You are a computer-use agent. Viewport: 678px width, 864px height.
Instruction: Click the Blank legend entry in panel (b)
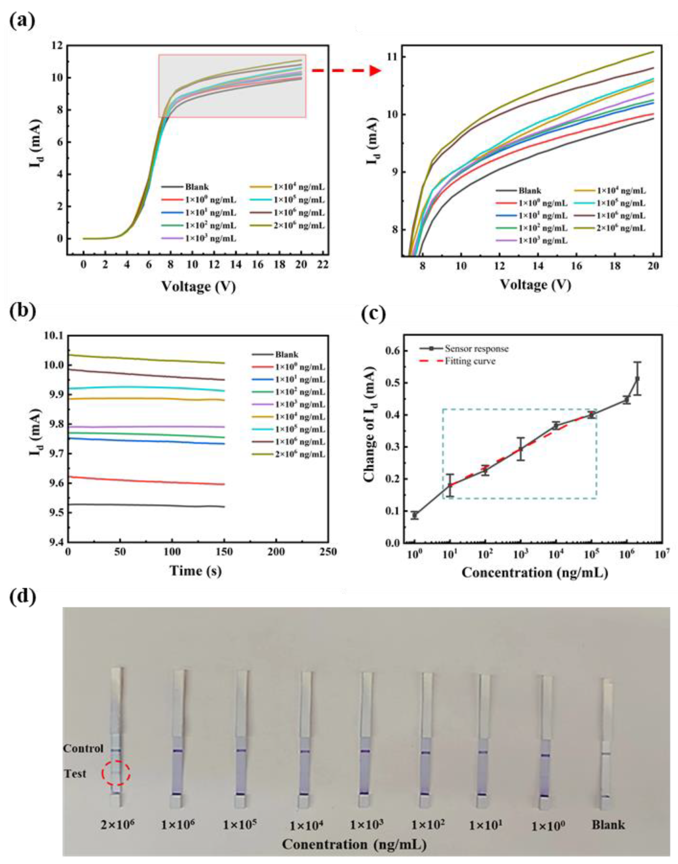(x=286, y=355)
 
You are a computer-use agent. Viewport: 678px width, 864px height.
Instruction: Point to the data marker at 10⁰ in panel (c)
(x=415, y=516)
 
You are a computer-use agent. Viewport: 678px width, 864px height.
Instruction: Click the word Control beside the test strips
(x=83, y=748)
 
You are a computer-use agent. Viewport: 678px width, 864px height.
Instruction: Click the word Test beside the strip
(x=75, y=773)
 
